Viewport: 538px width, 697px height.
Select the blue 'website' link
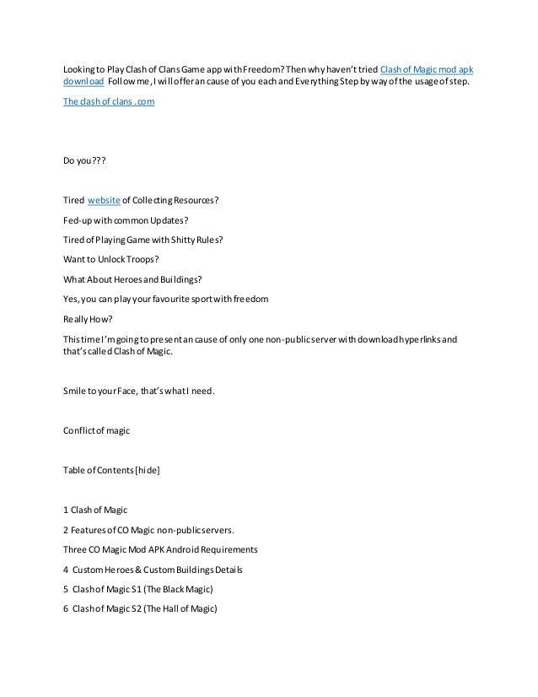(x=105, y=199)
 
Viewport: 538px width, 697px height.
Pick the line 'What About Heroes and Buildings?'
(x=132, y=278)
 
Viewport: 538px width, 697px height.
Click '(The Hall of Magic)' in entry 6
(x=184, y=609)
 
